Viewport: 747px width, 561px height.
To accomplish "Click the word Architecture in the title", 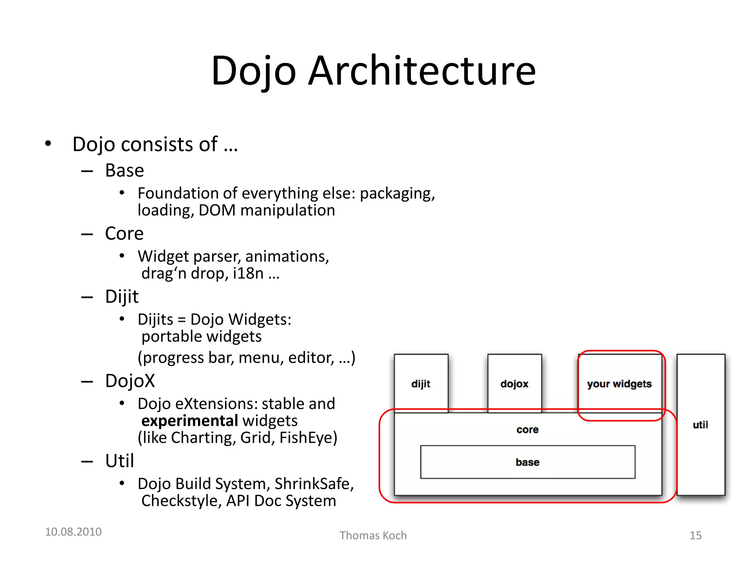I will (422, 71).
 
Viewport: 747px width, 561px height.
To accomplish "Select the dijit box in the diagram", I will (421, 383).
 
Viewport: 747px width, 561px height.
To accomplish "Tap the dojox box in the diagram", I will (514, 383).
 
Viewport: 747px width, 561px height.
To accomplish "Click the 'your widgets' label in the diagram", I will (619, 384).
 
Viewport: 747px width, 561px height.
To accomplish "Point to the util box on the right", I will (700, 425).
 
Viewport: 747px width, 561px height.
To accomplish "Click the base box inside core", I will (527, 462).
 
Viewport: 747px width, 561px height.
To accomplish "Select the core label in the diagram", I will (527, 430).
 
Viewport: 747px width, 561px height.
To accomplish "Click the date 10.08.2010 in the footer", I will (73, 532).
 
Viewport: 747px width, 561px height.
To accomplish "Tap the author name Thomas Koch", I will (373, 535).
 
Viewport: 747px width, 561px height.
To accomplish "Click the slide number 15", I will (695, 535).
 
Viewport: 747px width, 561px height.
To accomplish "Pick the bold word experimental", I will (190, 421).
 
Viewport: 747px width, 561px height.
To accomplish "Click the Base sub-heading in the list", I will (124, 171).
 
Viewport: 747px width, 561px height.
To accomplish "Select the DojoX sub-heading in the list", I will (130, 381).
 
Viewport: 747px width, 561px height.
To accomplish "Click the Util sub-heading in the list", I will (119, 461).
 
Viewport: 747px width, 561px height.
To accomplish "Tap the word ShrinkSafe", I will (314, 484).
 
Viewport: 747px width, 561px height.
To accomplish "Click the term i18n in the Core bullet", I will (248, 273).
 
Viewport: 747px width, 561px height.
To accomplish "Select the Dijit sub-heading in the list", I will (121, 296).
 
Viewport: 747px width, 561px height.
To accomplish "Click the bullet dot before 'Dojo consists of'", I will (48, 144).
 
